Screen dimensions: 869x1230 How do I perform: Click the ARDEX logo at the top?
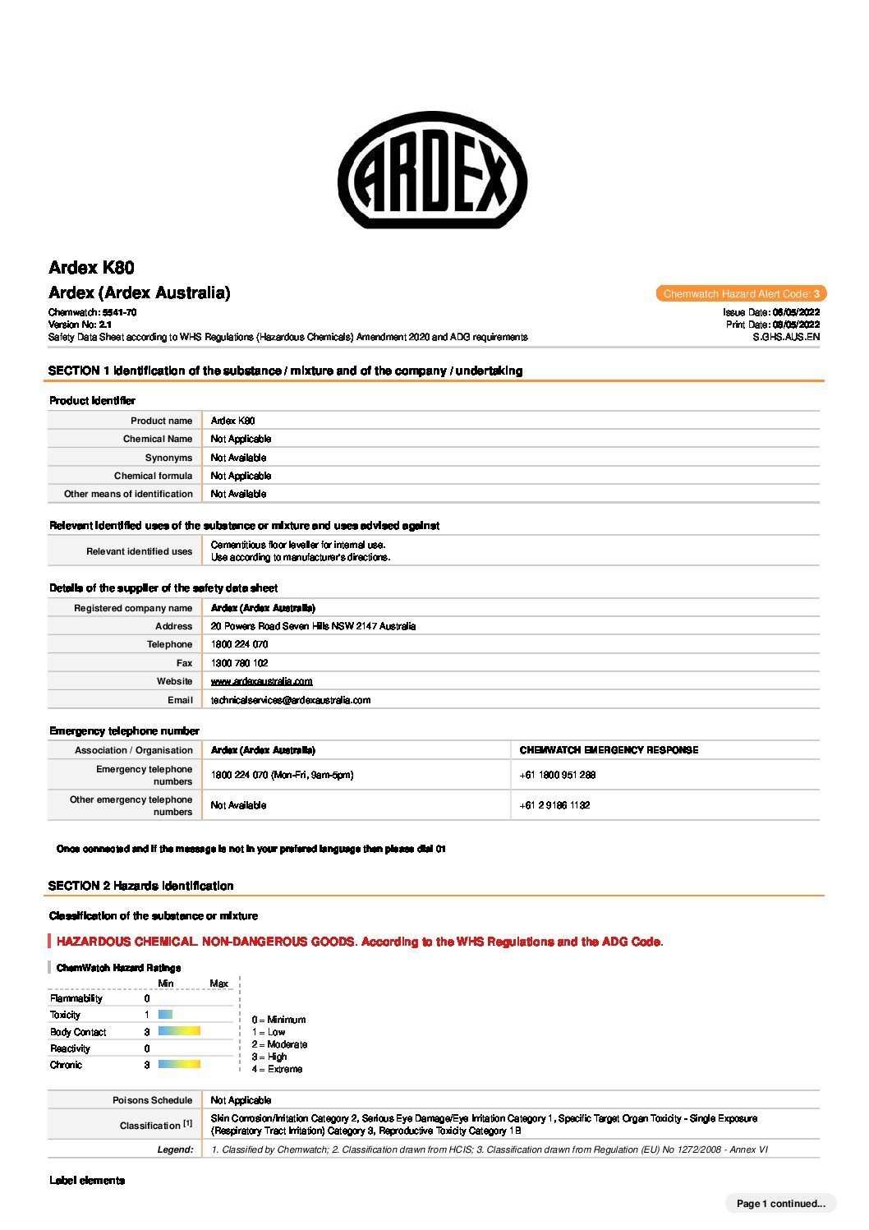coord(433,170)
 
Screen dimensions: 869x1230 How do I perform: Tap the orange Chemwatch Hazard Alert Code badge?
coord(741,293)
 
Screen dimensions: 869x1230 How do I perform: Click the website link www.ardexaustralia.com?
coord(261,681)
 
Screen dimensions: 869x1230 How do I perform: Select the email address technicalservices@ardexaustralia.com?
coord(290,700)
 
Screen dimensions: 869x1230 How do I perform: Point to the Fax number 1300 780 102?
coord(239,663)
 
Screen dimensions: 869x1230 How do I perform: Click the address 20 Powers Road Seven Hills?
coord(313,626)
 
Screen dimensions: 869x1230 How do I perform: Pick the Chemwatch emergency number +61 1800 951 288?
coord(557,775)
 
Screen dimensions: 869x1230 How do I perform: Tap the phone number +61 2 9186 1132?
coord(554,805)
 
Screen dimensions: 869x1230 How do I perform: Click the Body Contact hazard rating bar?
coord(179,1031)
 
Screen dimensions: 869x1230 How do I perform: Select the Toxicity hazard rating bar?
coord(165,1015)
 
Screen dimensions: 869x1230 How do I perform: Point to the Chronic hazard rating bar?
coord(179,1064)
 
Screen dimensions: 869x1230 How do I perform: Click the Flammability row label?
coord(76,998)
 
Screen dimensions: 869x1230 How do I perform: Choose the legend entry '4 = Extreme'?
coord(277,1069)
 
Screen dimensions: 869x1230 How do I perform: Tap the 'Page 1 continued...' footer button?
coord(780,1204)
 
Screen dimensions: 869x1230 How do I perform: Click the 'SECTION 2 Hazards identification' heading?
coord(140,886)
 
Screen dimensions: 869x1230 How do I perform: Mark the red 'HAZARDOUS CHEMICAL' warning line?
coord(359,942)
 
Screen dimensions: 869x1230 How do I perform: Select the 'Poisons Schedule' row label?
coord(152,1100)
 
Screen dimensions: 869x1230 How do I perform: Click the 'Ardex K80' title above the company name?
coord(91,267)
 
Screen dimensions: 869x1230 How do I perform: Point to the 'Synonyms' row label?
coord(168,458)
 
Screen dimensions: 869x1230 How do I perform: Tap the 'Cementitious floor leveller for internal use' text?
coord(297,545)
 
